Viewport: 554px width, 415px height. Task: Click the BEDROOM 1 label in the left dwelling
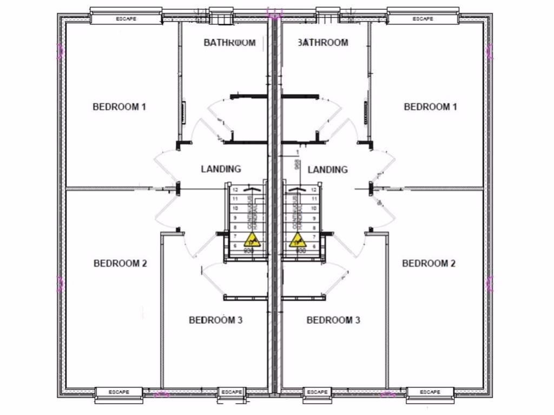[x=120, y=106]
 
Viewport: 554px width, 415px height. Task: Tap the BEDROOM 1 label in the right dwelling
[x=430, y=106]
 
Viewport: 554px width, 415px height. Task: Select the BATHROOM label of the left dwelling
[x=229, y=42]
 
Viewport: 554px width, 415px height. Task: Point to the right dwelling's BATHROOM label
[x=323, y=42]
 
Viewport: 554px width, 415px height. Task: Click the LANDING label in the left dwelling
[x=221, y=169]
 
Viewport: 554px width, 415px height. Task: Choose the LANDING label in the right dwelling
[x=327, y=170]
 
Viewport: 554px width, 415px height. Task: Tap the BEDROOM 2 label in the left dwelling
[x=120, y=263]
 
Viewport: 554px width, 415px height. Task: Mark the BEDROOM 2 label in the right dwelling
[x=428, y=263]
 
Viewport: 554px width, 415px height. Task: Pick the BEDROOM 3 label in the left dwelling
[x=215, y=320]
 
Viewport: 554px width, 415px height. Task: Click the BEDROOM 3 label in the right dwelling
[x=333, y=320]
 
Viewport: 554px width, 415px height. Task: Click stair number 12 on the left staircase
[x=235, y=190]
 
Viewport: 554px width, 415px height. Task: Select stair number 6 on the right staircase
[x=314, y=246]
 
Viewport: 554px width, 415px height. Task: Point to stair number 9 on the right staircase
[x=314, y=218]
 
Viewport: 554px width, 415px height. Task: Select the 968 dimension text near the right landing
[x=297, y=164]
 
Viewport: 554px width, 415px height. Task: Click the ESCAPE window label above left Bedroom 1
[x=126, y=19]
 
